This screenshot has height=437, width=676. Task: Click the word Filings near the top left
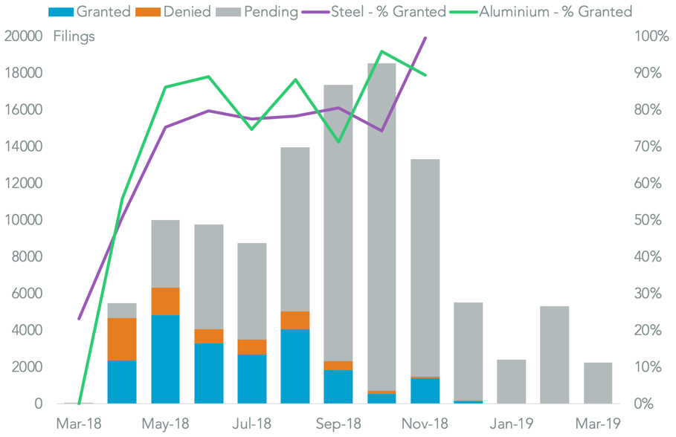coord(74,36)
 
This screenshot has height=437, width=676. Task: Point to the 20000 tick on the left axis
coord(24,36)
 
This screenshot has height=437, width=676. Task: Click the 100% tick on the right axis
coord(651,36)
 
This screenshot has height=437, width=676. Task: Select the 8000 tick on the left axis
coord(28,256)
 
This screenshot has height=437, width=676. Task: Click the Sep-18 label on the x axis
coord(338,424)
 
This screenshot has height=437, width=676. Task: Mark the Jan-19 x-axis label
coord(511,424)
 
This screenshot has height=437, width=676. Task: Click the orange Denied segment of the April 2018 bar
coord(122,339)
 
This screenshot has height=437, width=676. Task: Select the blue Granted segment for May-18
coord(165,359)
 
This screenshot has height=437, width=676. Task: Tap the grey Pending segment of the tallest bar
coord(382,223)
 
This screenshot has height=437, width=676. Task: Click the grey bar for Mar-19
coord(598,383)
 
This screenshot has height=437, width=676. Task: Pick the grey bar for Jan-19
coord(511,381)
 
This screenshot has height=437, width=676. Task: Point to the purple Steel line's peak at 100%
coord(425,37)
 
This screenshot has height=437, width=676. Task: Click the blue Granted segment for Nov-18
coord(425,391)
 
